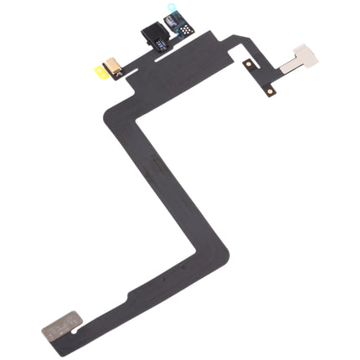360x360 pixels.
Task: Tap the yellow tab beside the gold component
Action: point(98,73)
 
